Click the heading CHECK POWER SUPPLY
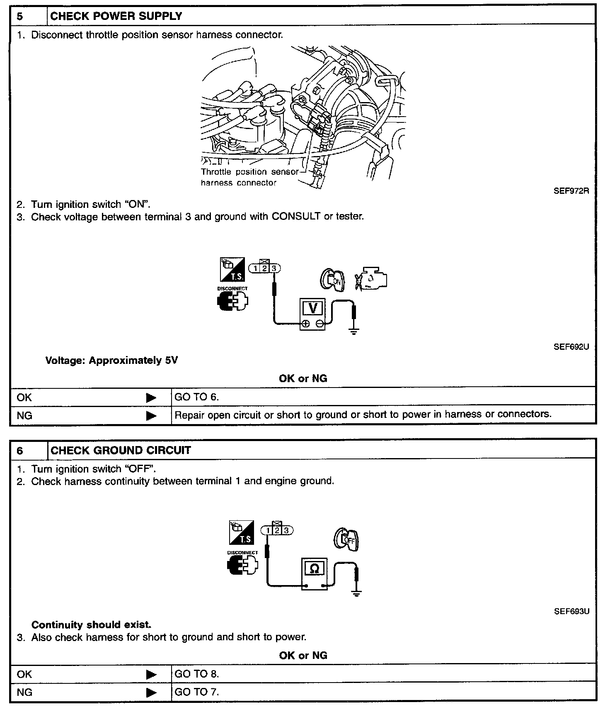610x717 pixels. click(x=116, y=16)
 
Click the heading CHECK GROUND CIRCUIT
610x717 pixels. click(x=121, y=451)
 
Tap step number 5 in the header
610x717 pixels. click(x=20, y=17)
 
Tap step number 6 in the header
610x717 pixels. click(x=20, y=451)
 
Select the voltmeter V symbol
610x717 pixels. click(x=313, y=308)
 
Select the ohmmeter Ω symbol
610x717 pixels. click(x=315, y=568)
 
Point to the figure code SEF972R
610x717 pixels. click(x=571, y=191)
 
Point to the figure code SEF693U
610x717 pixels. click(x=571, y=611)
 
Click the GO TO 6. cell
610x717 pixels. click(x=196, y=397)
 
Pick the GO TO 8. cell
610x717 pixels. click(x=196, y=674)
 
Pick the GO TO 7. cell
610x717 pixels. click(x=196, y=692)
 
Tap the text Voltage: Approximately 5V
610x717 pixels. click(x=111, y=360)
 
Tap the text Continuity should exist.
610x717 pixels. click(x=92, y=624)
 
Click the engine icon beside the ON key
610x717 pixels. click(x=372, y=278)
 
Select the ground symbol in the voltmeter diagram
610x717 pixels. click(x=353, y=331)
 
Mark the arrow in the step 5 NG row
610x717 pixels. click(x=152, y=415)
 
